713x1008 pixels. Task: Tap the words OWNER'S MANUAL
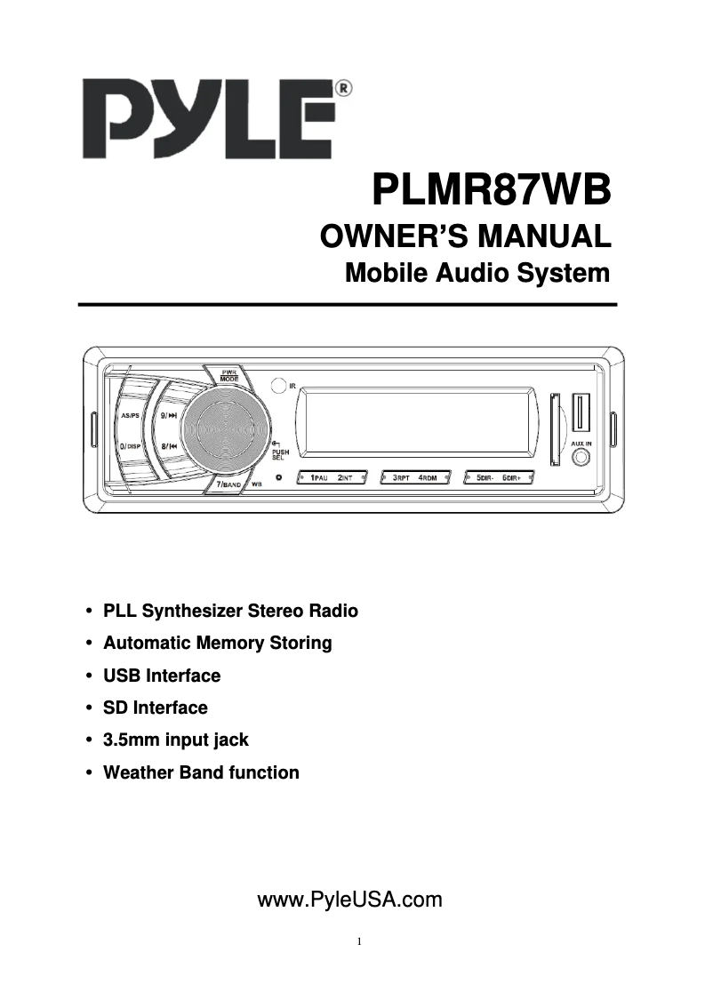coord(465,236)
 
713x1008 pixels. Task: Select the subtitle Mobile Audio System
coord(477,273)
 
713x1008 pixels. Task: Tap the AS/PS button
coord(131,414)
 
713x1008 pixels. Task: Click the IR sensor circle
coord(278,385)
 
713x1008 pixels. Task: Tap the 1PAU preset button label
coord(318,478)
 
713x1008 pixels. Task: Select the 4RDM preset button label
coord(429,478)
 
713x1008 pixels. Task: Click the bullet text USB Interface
coord(162,676)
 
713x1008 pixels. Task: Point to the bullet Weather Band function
coord(201,772)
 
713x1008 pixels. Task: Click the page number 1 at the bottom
coord(357,941)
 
